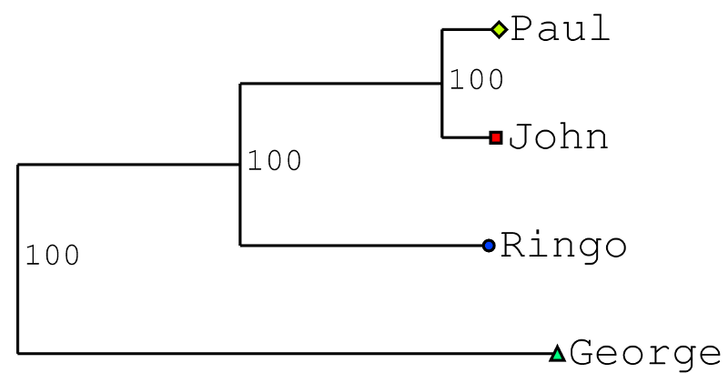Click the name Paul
coord(560,30)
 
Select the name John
coord(558,137)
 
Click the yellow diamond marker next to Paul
coord(498,30)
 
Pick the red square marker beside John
coord(496,137)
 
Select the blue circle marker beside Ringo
coord(489,246)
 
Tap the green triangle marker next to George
coord(558,353)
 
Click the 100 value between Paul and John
coord(476,80)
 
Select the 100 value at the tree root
coord(52,257)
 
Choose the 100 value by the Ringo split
coord(274,161)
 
